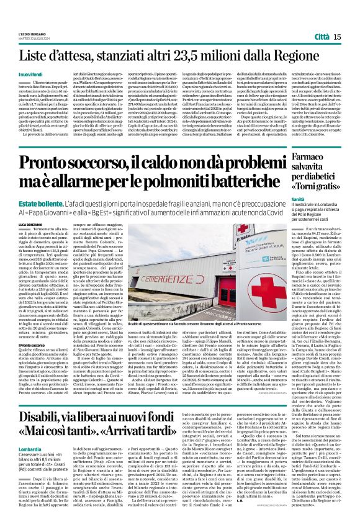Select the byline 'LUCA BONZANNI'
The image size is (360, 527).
click(x=32, y=223)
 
